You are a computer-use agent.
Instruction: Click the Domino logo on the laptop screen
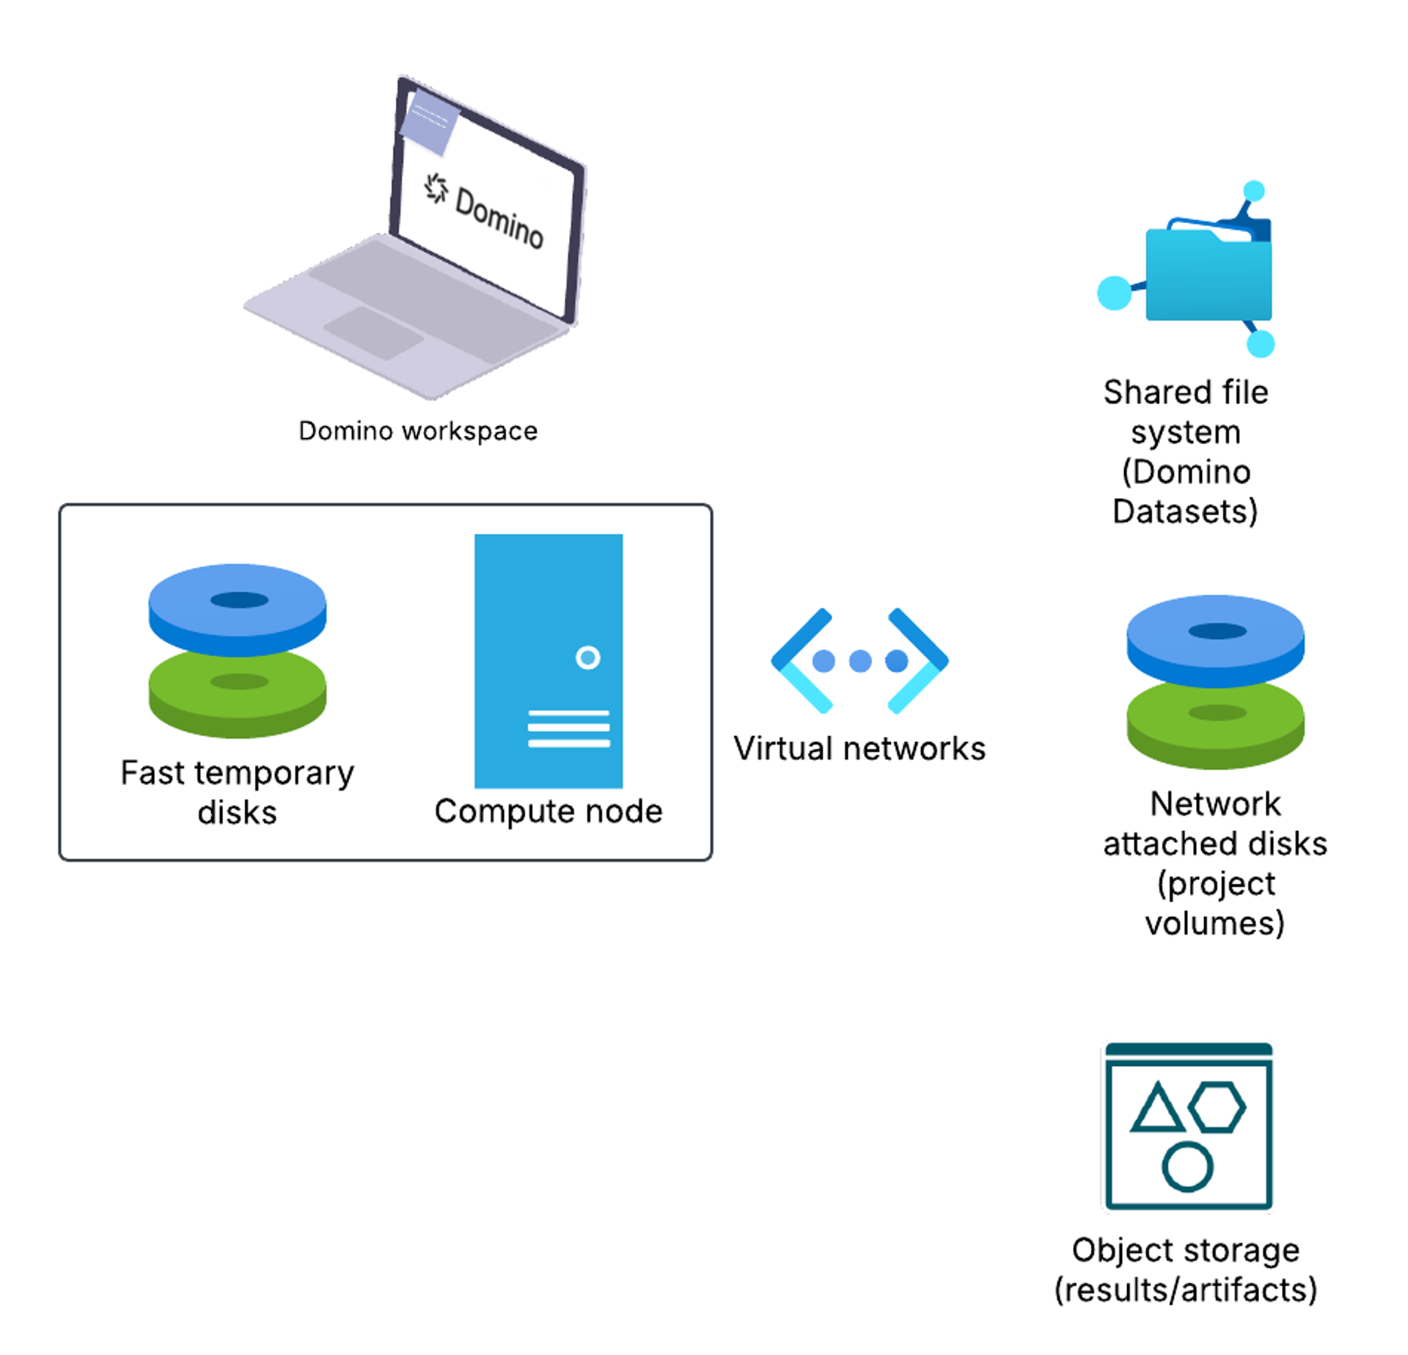(x=437, y=189)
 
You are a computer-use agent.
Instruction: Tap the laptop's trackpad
(x=374, y=332)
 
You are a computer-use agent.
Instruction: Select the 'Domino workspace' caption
(x=418, y=431)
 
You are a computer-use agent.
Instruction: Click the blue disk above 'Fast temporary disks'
(x=237, y=607)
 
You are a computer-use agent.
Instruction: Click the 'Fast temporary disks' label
(x=237, y=792)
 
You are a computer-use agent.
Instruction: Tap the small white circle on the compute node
(x=587, y=657)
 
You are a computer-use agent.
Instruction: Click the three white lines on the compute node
(x=568, y=728)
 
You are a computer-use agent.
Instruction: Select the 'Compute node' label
(x=548, y=811)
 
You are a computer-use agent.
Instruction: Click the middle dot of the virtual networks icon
(x=859, y=661)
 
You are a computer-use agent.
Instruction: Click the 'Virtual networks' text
(x=859, y=749)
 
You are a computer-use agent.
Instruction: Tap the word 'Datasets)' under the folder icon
(x=1185, y=511)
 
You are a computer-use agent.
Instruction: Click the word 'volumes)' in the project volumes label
(x=1214, y=923)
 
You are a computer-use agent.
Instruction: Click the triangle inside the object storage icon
(x=1156, y=1109)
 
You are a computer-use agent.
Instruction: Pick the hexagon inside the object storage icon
(x=1217, y=1106)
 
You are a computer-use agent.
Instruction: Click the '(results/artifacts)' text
(x=1185, y=1290)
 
